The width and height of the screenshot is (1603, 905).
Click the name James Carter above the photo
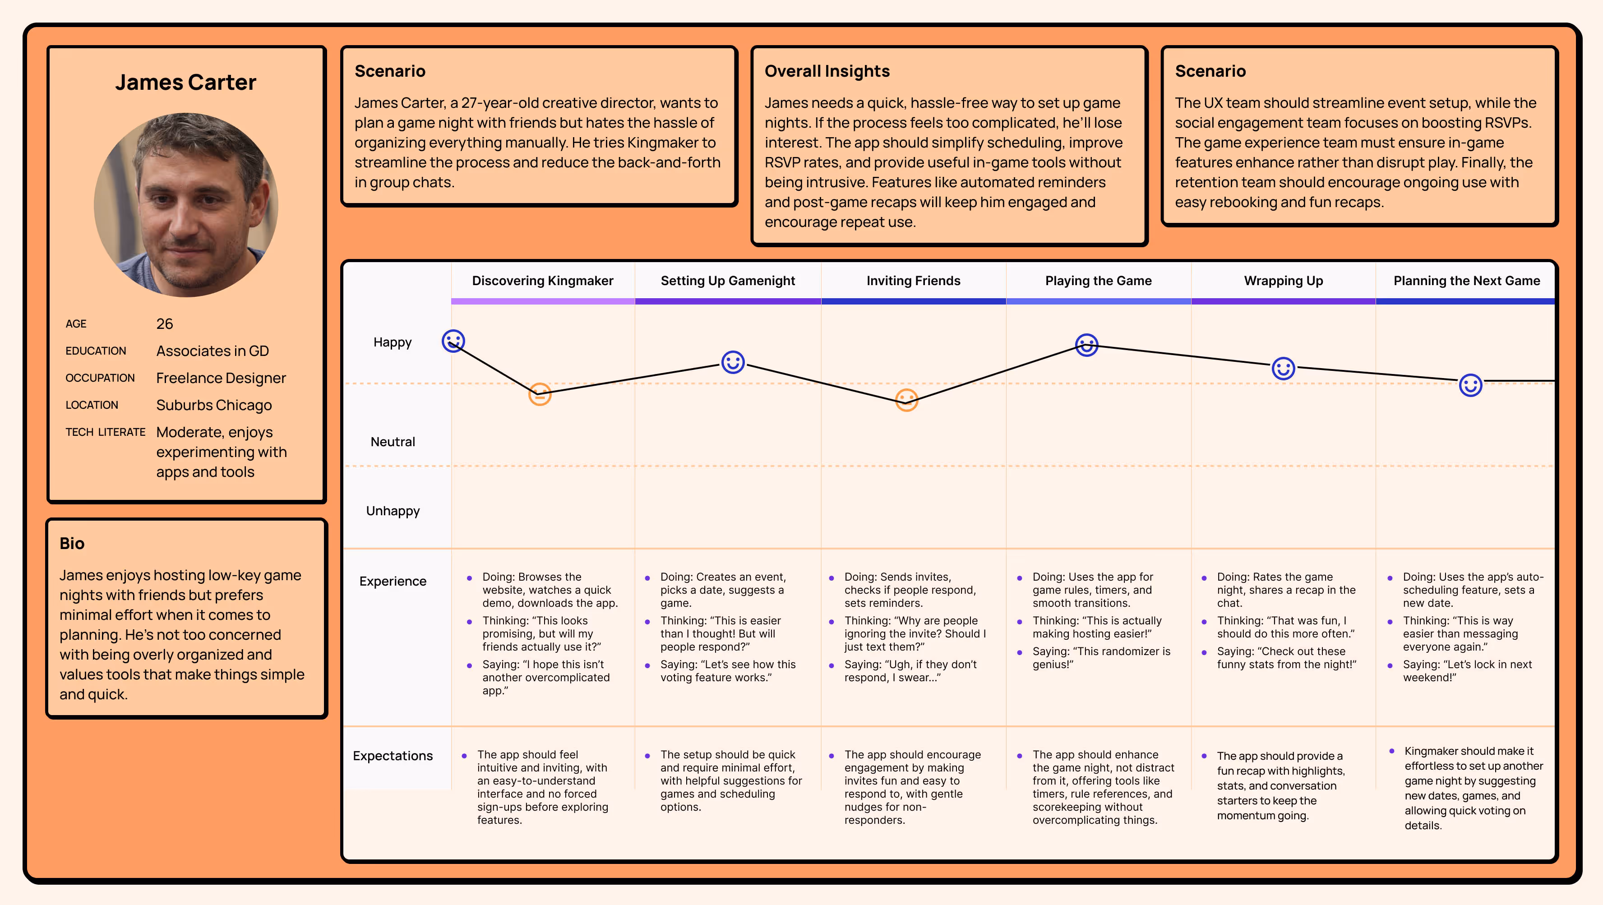pyautogui.click(x=185, y=82)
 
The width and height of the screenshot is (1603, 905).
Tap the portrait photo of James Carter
pyautogui.click(x=186, y=205)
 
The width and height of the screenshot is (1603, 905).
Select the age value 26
pyautogui.click(x=164, y=323)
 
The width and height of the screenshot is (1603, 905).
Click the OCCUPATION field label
pyautogui.click(x=100, y=378)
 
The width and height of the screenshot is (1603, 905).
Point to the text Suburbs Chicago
pyautogui.click(x=213, y=405)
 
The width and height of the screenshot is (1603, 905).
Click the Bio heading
pyautogui.click(x=72, y=543)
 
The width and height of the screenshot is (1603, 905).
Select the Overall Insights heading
pyautogui.click(x=827, y=71)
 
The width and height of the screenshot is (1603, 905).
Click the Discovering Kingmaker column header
pyautogui.click(x=543, y=281)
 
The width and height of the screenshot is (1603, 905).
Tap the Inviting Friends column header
pyautogui.click(x=913, y=281)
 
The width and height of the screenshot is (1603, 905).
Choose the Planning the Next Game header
pyautogui.click(x=1466, y=281)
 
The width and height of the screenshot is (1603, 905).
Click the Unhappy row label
pyautogui.click(x=393, y=511)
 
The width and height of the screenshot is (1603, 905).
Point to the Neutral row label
pyautogui.click(x=393, y=442)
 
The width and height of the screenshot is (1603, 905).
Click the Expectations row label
pyautogui.click(x=393, y=756)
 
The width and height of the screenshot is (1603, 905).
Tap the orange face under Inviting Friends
pyautogui.click(x=906, y=400)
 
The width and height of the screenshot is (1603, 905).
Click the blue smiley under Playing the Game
pyautogui.click(x=1086, y=345)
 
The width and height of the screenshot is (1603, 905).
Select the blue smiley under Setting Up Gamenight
pyautogui.click(x=732, y=362)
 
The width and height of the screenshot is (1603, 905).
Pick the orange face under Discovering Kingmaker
pyautogui.click(x=540, y=394)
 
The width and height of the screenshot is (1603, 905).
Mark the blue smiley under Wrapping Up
pyautogui.click(x=1283, y=369)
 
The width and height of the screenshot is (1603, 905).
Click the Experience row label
pyautogui.click(x=393, y=582)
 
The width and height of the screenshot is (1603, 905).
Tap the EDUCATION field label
pyautogui.click(x=96, y=351)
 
